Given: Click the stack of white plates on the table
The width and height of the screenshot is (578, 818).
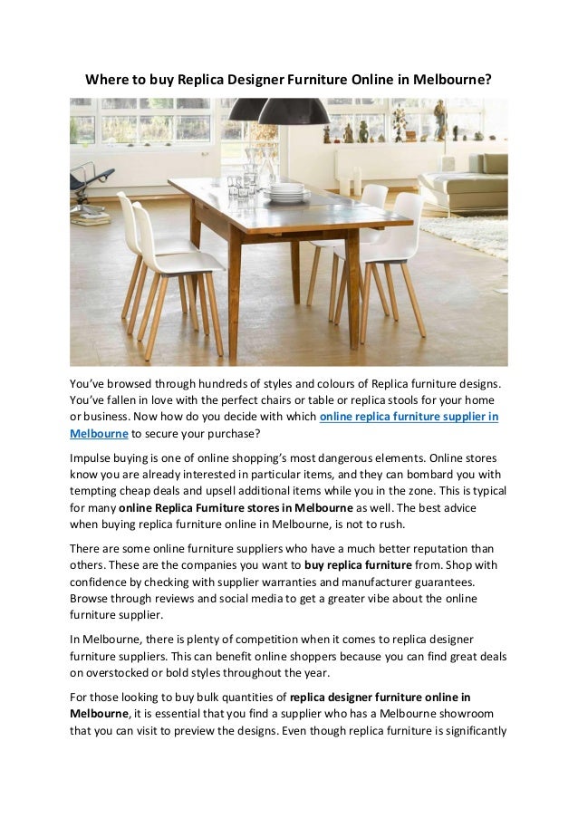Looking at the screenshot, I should [x=287, y=191].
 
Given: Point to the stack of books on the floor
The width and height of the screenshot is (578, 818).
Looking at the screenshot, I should [x=91, y=218].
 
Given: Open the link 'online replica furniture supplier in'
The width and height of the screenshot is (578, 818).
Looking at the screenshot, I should [x=409, y=417].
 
